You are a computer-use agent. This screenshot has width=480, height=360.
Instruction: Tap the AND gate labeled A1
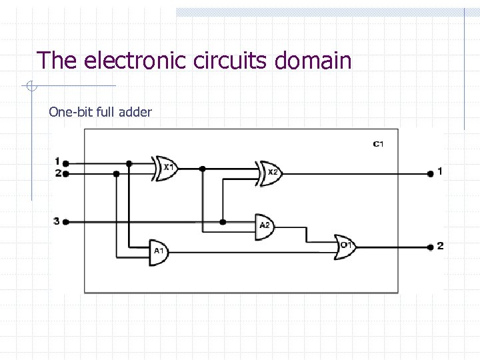click(159, 251)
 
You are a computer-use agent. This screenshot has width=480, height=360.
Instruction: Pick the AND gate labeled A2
click(265, 225)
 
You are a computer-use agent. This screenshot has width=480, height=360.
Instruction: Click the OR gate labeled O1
click(345, 245)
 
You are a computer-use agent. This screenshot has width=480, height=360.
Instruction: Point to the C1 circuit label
click(378, 143)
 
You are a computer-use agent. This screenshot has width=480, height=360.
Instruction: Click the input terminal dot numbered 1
click(65, 162)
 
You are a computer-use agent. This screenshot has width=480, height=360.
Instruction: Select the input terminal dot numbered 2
click(65, 173)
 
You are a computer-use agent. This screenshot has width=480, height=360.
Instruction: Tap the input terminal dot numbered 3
click(65, 221)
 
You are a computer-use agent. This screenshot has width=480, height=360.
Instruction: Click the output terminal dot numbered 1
click(431, 173)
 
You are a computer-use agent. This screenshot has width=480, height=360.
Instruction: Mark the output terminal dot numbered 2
click(431, 247)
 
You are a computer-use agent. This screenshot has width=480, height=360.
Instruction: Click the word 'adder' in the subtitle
click(135, 111)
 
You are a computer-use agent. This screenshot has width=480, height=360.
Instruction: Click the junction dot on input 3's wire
click(223, 221)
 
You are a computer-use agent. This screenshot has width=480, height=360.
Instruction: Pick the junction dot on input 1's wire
click(129, 163)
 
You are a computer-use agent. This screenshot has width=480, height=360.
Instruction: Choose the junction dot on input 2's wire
click(117, 173)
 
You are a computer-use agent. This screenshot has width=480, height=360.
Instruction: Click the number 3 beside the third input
click(57, 221)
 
